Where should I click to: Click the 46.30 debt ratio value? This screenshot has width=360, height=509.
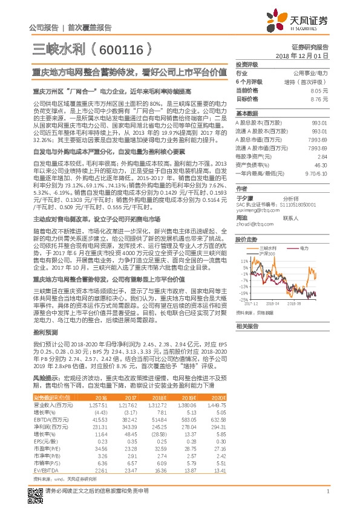[x=321, y=164]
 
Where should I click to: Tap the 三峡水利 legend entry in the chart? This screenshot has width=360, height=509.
[x=270, y=248]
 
